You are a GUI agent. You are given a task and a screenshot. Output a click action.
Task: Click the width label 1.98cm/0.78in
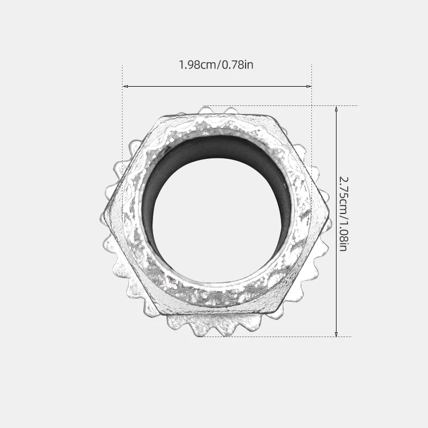point(216,65)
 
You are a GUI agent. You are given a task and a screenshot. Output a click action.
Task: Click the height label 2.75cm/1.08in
point(343,214)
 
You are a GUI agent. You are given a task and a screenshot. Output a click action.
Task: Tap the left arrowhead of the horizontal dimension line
point(125,86)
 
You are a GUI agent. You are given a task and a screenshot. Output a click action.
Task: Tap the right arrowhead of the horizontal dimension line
point(309,86)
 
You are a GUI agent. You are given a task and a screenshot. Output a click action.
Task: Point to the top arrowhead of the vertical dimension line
point(336,109)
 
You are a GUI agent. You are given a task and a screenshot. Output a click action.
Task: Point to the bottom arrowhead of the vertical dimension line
point(336,334)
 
